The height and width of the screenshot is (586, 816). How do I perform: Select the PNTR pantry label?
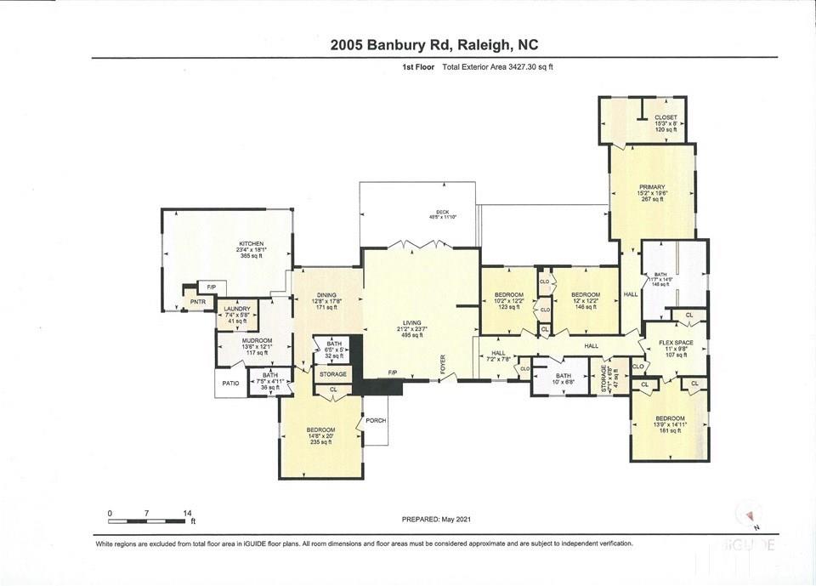(198, 302)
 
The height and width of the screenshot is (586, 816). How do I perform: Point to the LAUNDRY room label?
(237, 309)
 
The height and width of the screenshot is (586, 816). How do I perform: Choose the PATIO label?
(230, 384)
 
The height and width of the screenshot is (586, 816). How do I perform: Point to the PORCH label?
(375, 420)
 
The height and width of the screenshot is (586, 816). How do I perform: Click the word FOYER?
(442, 365)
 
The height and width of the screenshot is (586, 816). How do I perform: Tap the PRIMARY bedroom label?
(652, 187)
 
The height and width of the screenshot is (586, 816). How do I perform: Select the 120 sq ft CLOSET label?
(666, 117)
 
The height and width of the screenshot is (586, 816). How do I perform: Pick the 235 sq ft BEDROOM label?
(321, 430)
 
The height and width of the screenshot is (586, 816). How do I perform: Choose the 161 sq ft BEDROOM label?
(670, 418)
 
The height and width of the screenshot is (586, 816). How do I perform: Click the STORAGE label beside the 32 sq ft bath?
(333, 374)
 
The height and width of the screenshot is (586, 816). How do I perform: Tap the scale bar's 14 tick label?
(187, 514)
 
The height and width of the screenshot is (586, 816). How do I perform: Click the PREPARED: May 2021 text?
(435, 520)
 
